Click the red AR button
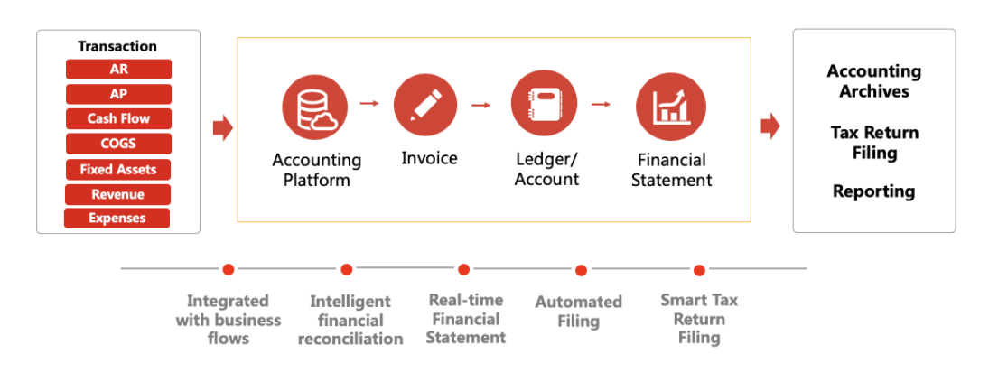118,70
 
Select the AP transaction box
118,94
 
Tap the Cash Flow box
118,119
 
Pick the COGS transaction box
118,144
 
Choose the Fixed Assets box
118,170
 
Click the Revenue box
117,195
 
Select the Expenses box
117,219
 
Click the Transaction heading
117,46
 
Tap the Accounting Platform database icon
315,107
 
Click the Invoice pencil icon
425,104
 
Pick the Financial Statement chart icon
669,105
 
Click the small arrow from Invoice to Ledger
481,105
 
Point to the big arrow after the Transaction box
223,128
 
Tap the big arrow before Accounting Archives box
770,126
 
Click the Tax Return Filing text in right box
874,143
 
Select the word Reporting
874,191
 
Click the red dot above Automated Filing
581,271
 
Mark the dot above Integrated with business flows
229,269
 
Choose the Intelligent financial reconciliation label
350,321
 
